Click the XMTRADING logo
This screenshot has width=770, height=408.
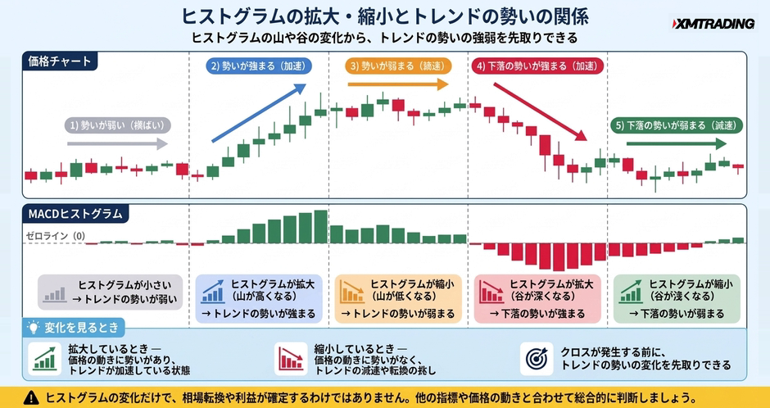[x=713, y=23]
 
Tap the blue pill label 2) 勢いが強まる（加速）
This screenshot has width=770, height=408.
[x=257, y=66]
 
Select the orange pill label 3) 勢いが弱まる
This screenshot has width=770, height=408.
[x=398, y=66]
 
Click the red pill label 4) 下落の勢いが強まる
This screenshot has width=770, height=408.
[x=537, y=66]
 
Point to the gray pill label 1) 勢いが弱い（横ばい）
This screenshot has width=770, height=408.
[x=118, y=125]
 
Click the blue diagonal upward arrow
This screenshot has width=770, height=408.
[x=259, y=113]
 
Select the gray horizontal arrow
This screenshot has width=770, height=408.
[x=117, y=144]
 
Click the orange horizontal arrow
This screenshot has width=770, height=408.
[x=398, y=84]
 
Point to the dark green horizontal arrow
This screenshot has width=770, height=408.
[x=676, y=144]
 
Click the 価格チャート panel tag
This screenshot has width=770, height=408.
[x=60, y=61]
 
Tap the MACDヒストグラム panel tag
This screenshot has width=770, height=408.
[x=75, y=214]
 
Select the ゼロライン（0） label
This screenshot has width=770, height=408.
[x=55, y=236]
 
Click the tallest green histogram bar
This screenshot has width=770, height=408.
[x=320, y=227]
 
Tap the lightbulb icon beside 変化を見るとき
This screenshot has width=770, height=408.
[x=34, y=327]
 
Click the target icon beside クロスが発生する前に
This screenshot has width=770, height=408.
[x=537, y=359]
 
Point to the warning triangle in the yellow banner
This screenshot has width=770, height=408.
[x=31, y=397]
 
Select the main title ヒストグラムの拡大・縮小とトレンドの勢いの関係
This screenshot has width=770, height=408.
[x=384, y=16]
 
